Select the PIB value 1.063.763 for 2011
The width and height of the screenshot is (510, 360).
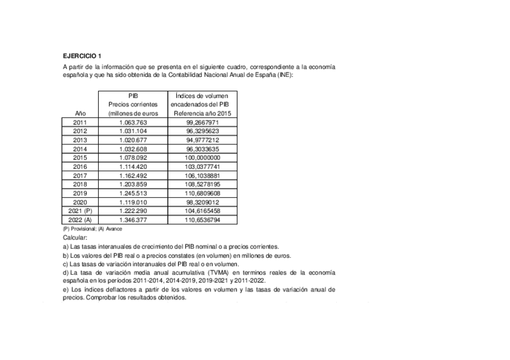click(133, 122)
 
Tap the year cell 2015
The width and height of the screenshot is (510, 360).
click(80, 157)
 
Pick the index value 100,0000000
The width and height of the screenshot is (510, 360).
click(203, 157)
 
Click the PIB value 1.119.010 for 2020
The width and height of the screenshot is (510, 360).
click(133, 203)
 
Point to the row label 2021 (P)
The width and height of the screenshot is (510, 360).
click(80, 212)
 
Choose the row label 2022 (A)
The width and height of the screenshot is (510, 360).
click(80, 221)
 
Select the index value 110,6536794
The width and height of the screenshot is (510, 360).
click(203, 221)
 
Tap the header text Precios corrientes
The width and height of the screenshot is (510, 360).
click(133, 104)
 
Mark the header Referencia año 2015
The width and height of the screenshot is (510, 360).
click(203, 113)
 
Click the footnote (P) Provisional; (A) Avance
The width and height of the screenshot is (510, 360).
click(92, 229)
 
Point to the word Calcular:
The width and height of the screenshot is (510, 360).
click(75, 238)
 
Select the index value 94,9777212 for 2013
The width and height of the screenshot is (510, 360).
click(203, 139)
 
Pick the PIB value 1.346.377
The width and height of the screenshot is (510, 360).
click(133, 221)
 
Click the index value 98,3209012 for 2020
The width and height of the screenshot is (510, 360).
click(203, 203)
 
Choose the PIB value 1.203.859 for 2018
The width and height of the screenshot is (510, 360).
click(133, 185)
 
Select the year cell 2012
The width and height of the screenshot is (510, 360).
click(80, 130)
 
